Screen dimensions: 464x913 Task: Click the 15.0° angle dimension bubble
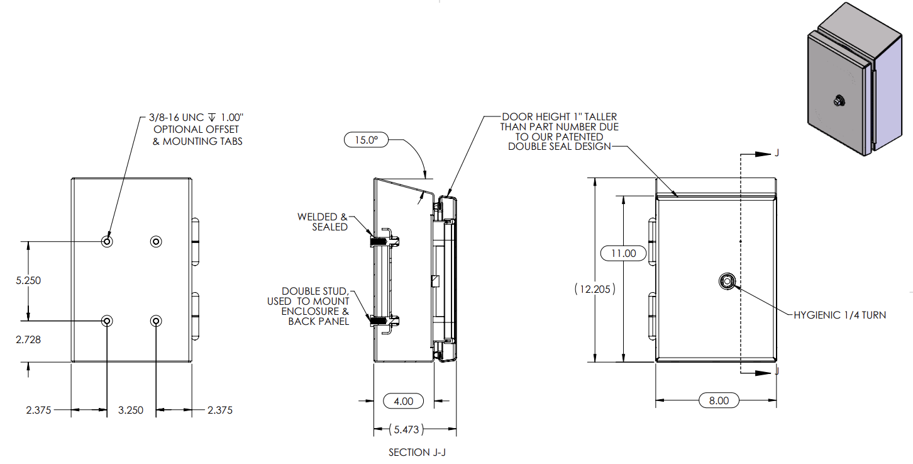[x=367, y=139]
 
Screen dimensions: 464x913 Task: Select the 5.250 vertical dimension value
[x=28, y=281]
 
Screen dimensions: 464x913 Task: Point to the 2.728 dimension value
[x=28, y=339]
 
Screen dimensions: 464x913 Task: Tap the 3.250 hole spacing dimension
[x=131, y=410]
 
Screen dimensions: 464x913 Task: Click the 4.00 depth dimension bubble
[x=403, y=400]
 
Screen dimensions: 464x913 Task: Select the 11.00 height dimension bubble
[x=622, y=254]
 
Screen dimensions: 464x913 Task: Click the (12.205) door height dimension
[x=594, y=290]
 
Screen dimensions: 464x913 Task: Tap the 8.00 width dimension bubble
[x=719, y=400]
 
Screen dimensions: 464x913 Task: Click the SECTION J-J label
[x=417, y=453]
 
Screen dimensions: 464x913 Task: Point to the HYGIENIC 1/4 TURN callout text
[x=839, y=315]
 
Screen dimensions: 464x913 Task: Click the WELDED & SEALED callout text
[x=323, y=222]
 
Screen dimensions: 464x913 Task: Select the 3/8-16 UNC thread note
[x=196, y=117]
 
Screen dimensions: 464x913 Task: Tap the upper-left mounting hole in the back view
[x=108, y=241]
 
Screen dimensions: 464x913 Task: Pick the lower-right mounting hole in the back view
[x=156, y=321]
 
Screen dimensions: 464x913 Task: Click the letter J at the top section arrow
[x=777, y=154]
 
